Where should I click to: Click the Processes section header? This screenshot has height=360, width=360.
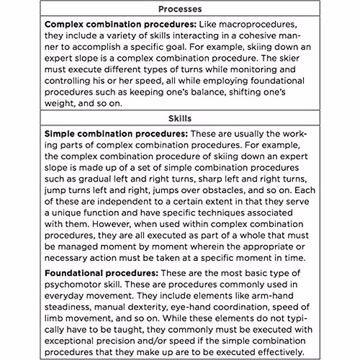click(x=180, y=9)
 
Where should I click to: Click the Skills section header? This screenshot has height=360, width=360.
click(x=180, y=118)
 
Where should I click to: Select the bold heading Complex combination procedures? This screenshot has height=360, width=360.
click(x=121, y=24)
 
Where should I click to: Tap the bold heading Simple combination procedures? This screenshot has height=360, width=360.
click(x=116, y=134)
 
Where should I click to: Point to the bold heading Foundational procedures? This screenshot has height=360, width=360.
click(x=101, y=273)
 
